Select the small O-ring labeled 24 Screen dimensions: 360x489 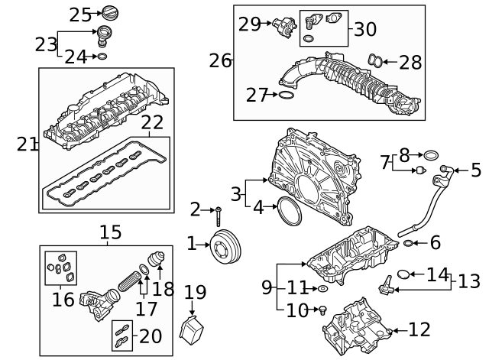pos(102,57)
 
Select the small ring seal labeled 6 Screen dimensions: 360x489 pos(409,244)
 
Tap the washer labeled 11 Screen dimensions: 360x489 pos(324,289)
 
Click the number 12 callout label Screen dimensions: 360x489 pos(419,330)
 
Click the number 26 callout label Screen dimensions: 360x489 pos(221,60)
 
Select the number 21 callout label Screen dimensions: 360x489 pos(28,144)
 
